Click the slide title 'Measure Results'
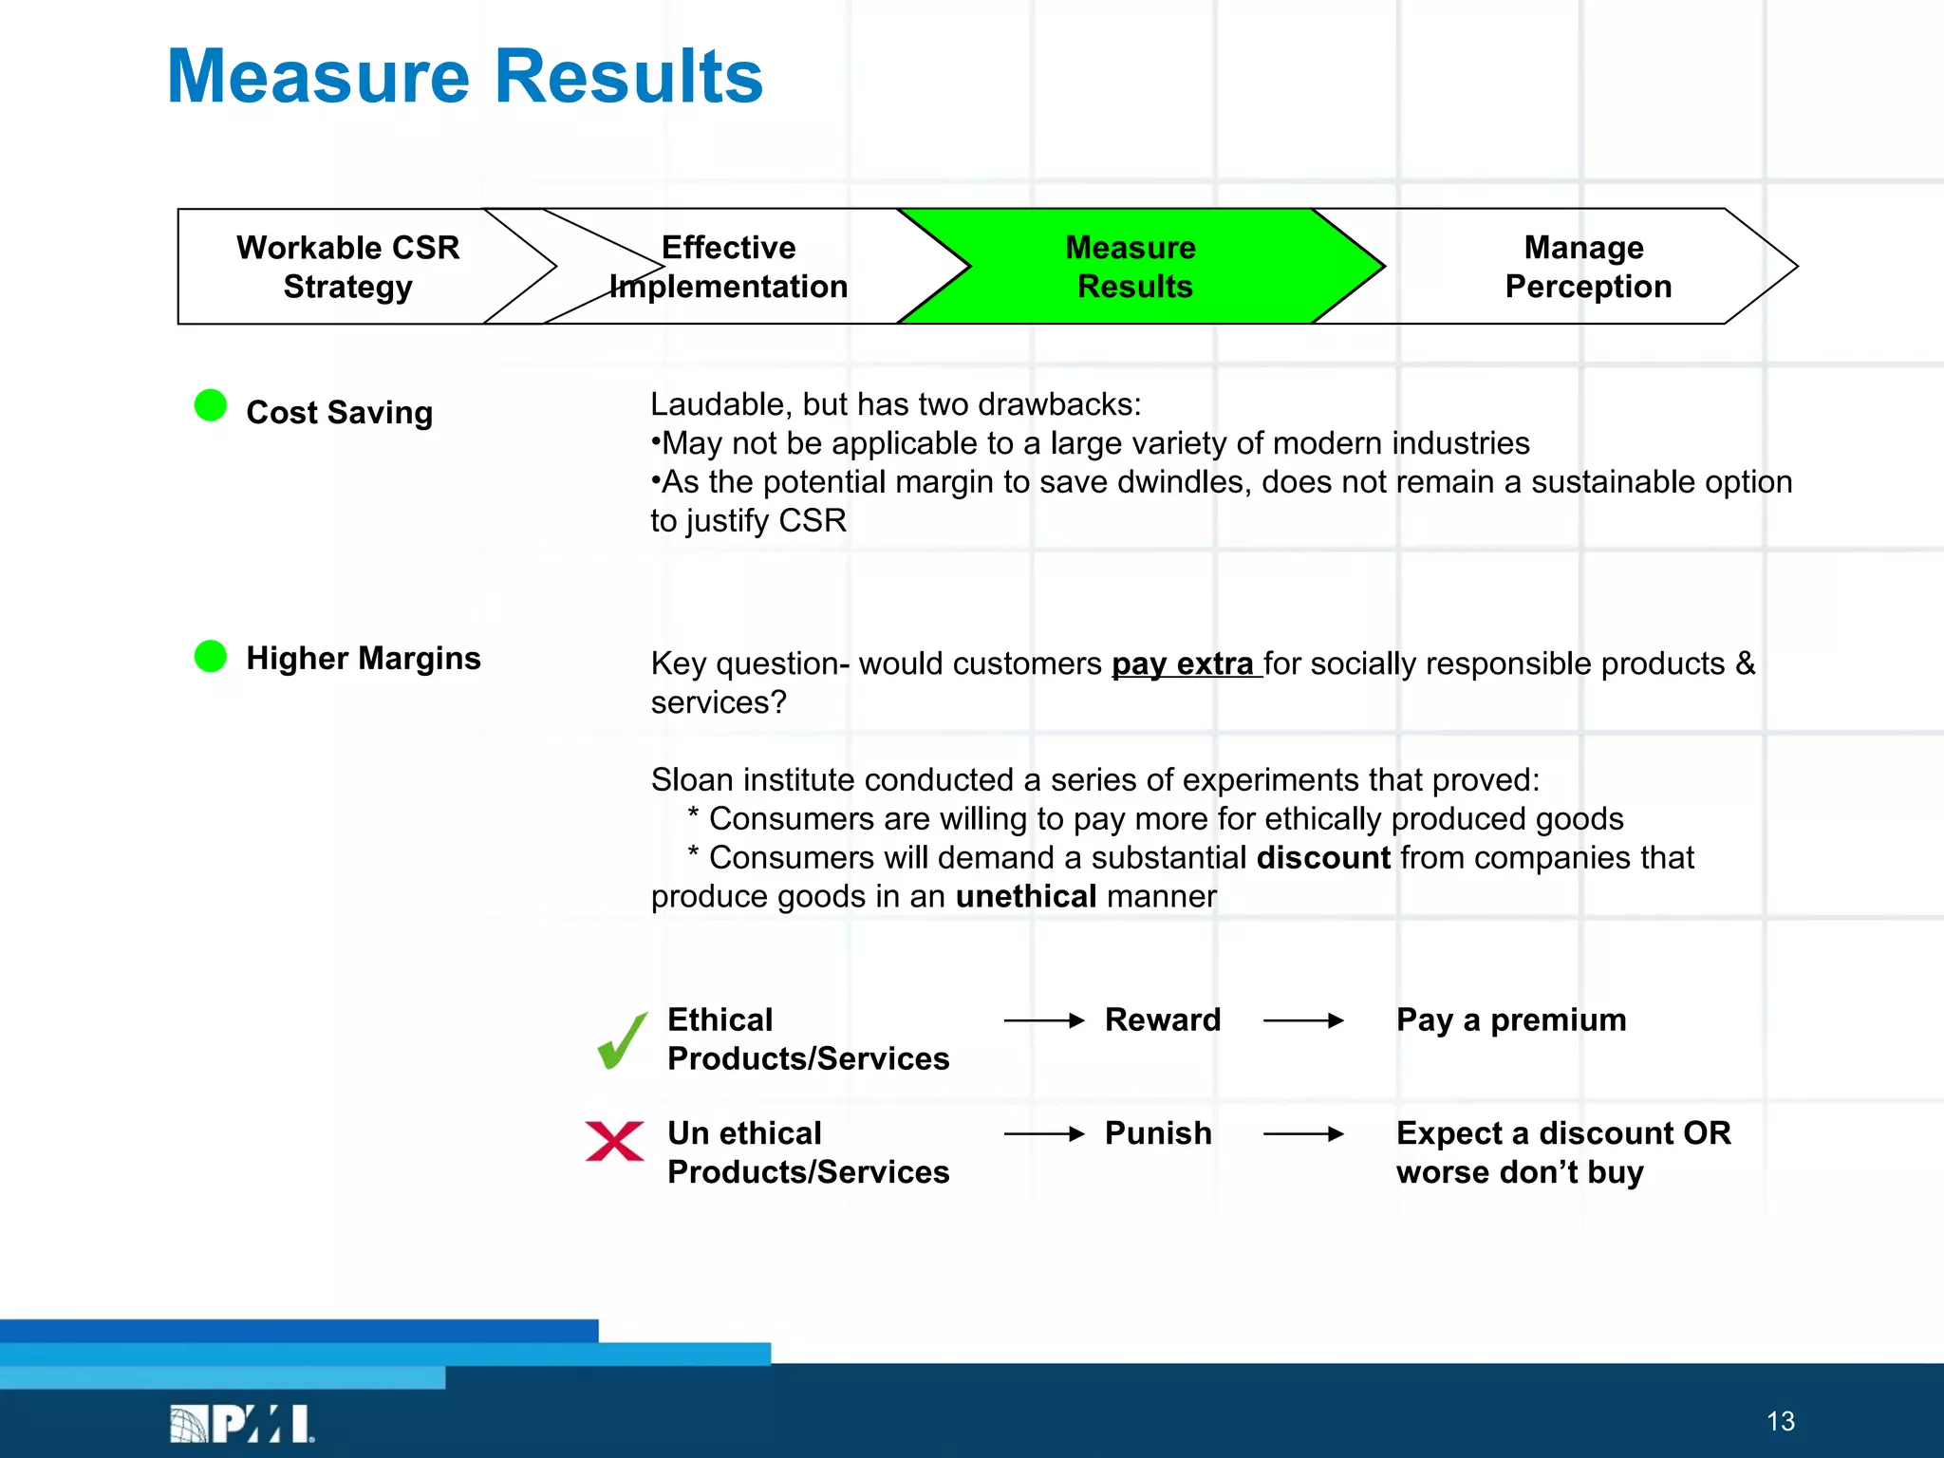pyautogui.click(x=464, y=77)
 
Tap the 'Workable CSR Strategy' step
pyautogui.click(x=347, y=267)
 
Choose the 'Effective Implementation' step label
pyautogui.click(x=728, y=267)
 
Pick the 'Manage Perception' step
pyautogui.click(x=1587, y=267)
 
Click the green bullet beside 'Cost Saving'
pyautogui.click(x=211, y=405)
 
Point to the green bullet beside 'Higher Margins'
pyautogui.click(x=211, y=656)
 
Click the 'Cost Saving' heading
pyautogui.click(x=339, y=413)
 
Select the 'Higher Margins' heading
pyautogui.click(x=363, y=659)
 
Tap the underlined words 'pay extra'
pyautogui.click(x=1183, y=664)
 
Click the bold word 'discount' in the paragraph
pyautogui.click(x=1323, y=858)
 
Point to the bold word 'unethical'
pyautogui.click(x=1025, y=897)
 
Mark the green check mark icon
pyautogui.click(x=622, y=1041)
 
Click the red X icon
pyautogui.click(x=615, y=1141)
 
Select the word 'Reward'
pyautogui.click(x=1163, y=1020)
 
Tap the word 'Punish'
pyautogui.click(x=1158, y=1133)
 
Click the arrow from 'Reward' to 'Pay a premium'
pyautogui.click(x=1303, y=1021)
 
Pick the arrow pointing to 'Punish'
pyautogui.click(x=1043, y=1134)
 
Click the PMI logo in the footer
pyautogui.click(x=242, y=1423)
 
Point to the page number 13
pyautogui.click(x=1781, y=1421)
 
